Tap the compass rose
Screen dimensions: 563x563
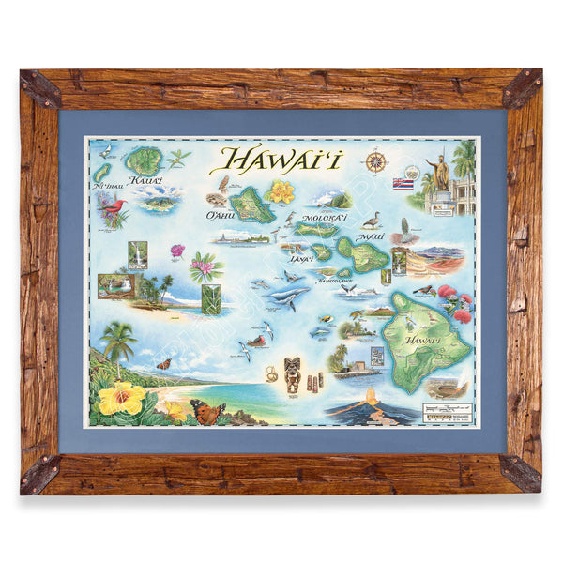tap(375, 160)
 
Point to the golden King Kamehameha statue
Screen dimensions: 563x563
tap(437, 173)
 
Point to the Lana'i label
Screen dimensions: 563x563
tap(301, 257)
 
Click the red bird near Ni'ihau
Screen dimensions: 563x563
tap(113, 205)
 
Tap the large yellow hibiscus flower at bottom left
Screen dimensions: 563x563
tap(122, 398)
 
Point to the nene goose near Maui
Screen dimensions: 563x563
tap(371, 221)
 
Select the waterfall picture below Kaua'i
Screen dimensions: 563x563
tap(138, 254)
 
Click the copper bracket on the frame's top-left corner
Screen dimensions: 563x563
tap(41, 88)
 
